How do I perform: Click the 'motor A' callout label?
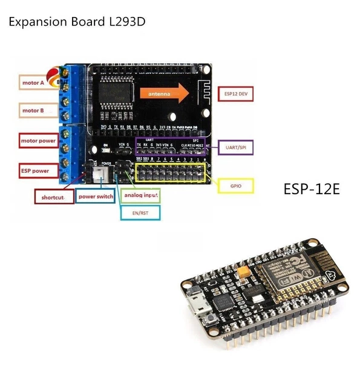click(x=33, y=83)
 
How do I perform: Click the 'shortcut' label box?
click(x=53, y=197)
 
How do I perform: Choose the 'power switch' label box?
click(x=96, y=197)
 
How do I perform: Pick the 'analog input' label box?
click(x=140, y=196)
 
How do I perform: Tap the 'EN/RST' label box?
click(x=140, y=212)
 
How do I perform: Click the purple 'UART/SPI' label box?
click(x=235, y=148)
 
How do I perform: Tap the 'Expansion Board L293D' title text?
click(x=77, y=22)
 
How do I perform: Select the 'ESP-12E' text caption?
click(x=312, y=189)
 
